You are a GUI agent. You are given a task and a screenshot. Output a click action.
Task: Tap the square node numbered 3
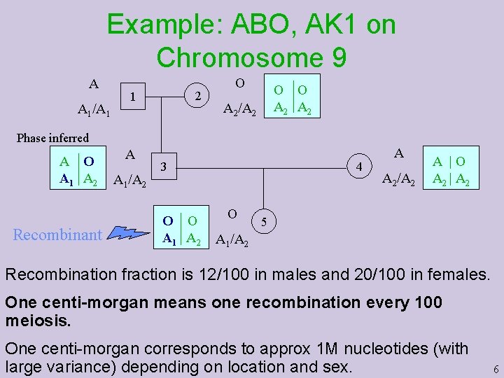163,167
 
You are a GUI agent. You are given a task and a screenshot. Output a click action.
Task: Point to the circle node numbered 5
264,223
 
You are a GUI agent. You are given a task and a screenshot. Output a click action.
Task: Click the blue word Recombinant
58,234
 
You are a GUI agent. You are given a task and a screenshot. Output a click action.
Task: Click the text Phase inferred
53,138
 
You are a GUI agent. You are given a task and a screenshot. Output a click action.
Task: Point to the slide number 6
496,369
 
